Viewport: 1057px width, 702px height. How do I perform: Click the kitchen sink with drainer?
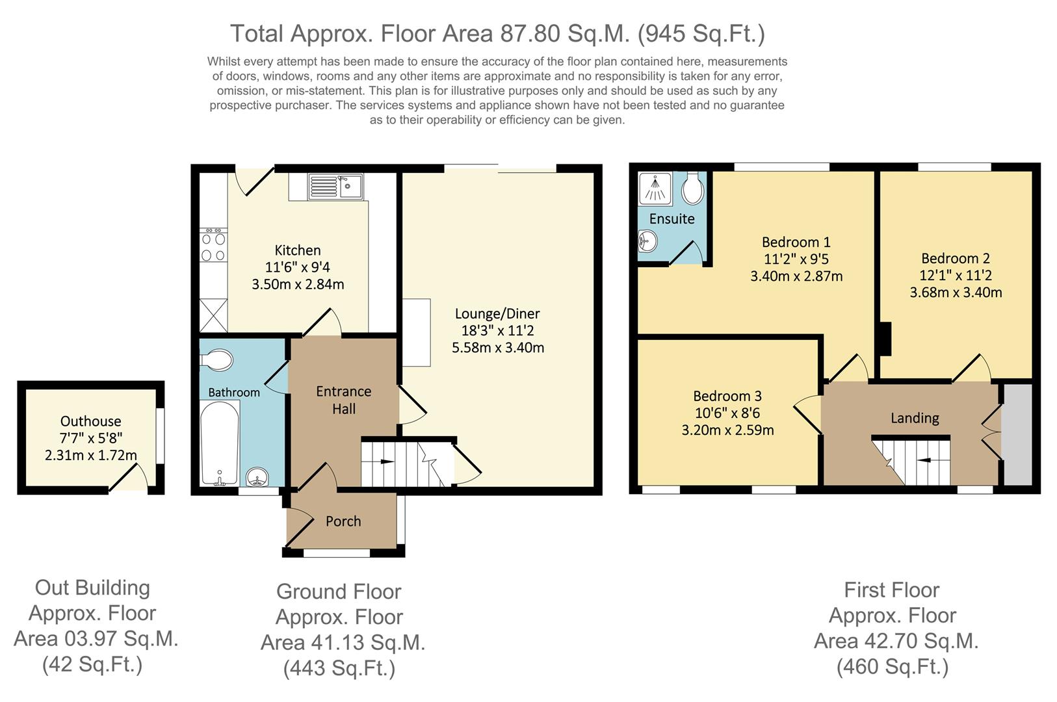click(x=335, y=187)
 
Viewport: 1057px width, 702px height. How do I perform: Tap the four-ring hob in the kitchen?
click(x=213, y=245)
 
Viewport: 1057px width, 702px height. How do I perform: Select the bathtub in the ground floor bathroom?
click(x=220, y=443)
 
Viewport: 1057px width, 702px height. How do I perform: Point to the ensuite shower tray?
click(x=655, y=188)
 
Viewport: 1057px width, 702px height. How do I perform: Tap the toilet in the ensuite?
click(x=693, y=188)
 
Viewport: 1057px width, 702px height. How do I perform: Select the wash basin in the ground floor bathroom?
click(x=257, y=477)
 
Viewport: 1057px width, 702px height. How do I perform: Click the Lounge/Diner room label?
click(x=497, y=313)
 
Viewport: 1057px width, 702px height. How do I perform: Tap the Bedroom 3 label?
click(x=727, y=396)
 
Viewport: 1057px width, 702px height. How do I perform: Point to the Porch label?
click(x=343, y=521)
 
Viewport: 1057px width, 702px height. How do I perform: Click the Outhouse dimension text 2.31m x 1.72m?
click(x=90, y=455)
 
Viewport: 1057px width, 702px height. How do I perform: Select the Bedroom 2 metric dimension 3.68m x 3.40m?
click(x=956, y=292)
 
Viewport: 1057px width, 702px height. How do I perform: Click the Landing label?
click(x=915, y=419)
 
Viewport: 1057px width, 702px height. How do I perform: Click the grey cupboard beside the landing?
click(x=1017, y=434)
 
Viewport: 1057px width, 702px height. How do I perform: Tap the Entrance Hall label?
click(x=343, y=400)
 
